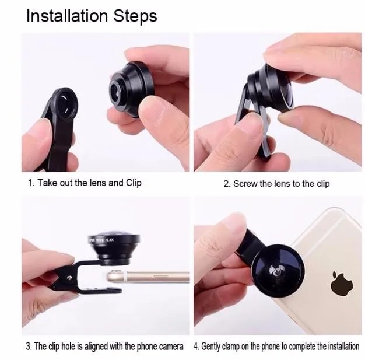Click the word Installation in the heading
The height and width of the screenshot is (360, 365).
point(67,16)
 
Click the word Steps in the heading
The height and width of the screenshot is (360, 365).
point(135,16)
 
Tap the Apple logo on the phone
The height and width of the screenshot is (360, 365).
point(342,283)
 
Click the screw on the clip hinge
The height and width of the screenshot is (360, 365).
point(69,278)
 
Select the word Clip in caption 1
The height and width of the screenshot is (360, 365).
point(134,183)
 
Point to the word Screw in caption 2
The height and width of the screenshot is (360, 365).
point(245,184)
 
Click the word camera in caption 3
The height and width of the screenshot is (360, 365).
point(171,346)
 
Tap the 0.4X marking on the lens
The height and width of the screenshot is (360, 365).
point(110,240)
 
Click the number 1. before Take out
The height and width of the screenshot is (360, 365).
point(31,183)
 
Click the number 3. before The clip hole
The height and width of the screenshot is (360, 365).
point(29,346)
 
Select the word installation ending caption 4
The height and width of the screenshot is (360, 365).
point(343,346)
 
